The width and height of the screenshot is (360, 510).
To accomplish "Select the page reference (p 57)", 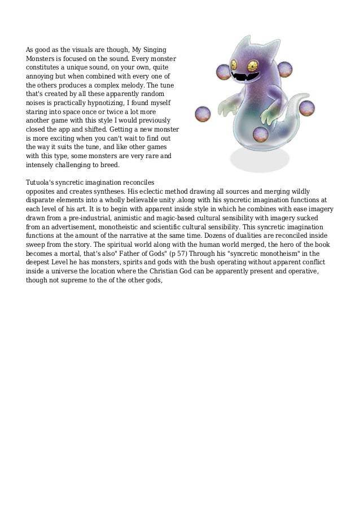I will point(178,253).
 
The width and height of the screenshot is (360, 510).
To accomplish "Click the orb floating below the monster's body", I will point(260,134).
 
